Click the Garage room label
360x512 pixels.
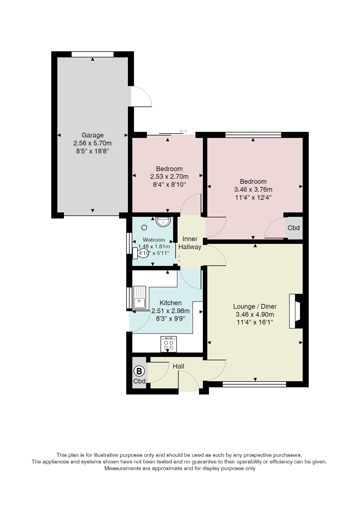coord(92,135)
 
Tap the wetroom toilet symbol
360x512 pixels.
coord(140,253)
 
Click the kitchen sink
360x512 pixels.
coord(139,297)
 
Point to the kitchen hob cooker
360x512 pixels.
coord(169,344)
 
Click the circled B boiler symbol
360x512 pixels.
coord(139,371)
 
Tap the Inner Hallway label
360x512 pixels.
coord(190,243)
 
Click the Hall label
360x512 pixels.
coord(178,366)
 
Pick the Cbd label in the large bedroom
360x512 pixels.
coord(294,228)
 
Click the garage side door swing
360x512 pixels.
coord(141,96)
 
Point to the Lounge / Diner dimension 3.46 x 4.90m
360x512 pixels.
coord(255,314)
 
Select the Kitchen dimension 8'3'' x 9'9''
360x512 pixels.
coord(170,319)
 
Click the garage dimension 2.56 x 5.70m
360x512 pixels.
coord(92,143)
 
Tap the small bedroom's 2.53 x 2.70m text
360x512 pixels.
coord(169,177)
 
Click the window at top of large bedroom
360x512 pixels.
coord(253,135)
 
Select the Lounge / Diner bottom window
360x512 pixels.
coord(254,384)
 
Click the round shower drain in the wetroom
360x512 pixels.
coord(144,228)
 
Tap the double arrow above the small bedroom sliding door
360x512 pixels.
coord(183,131)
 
